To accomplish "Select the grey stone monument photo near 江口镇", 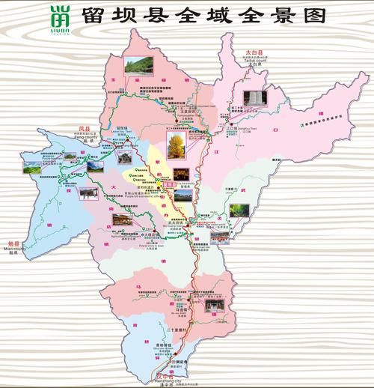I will click(255, 100).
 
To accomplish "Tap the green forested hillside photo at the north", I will click(136, 65).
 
